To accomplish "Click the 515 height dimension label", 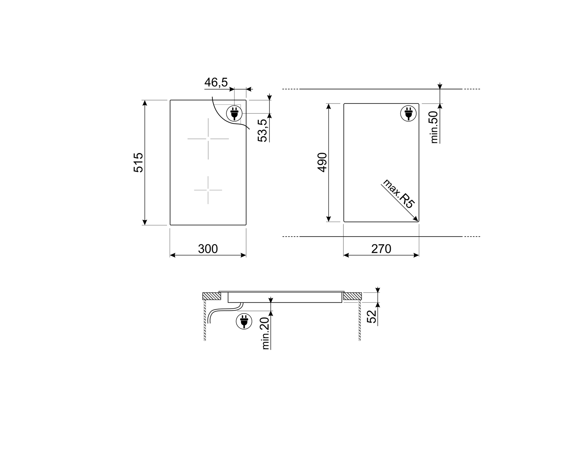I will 138,162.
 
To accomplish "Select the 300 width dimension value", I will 208,249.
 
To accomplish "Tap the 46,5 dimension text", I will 216,82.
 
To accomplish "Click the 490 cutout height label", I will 322,162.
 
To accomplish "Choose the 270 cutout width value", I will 381,249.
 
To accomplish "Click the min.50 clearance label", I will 435,127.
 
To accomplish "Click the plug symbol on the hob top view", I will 234,112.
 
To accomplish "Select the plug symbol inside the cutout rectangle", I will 408,113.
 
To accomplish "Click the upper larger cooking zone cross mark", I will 208,139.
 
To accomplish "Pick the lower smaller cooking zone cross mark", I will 208,190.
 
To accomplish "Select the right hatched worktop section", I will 352,296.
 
